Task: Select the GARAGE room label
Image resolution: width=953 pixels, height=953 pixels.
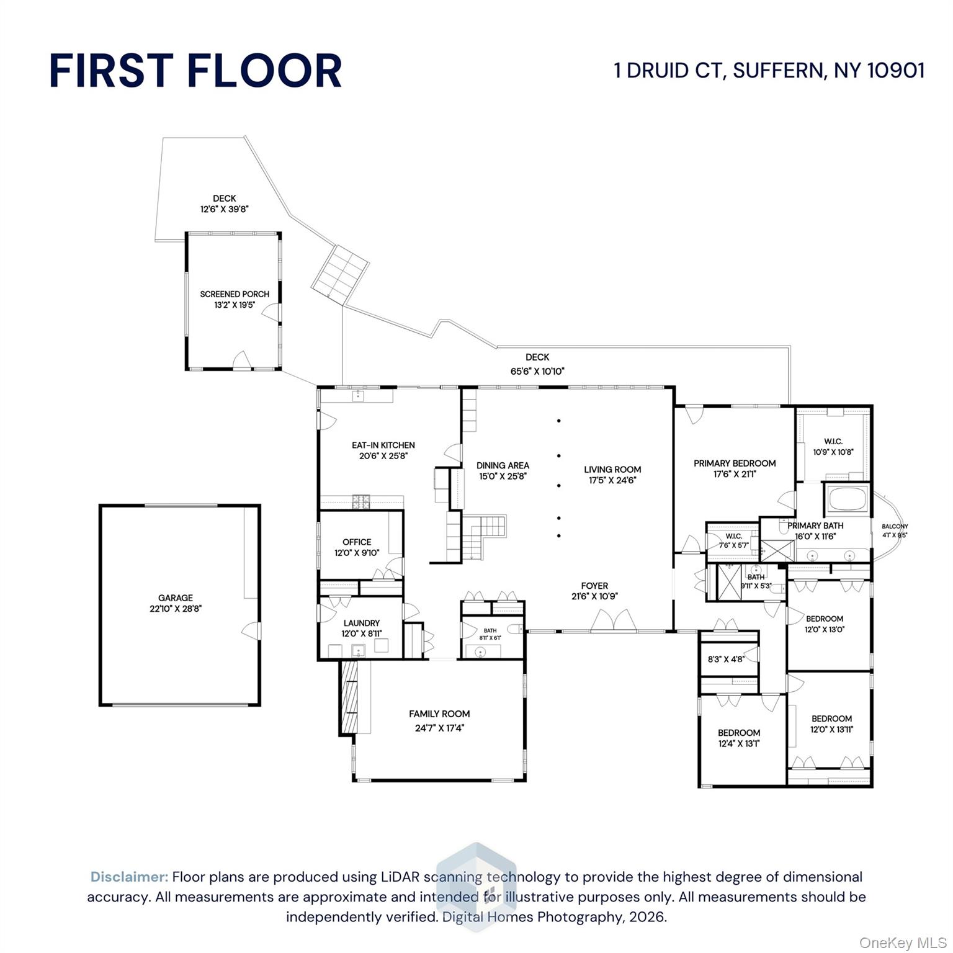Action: pyautogui.click(x=176, y=598)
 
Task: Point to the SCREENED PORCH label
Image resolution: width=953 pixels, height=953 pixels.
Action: pyautogui.click(x=235, y=294)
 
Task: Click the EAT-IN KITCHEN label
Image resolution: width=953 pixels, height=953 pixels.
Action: pyautogui.click(x=383, y=445)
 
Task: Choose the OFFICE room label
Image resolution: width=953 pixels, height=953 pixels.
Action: pyautogui.click(x=357, y=542)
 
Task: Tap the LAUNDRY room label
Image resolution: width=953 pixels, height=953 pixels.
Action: pyautogui.click(x=362, y=623)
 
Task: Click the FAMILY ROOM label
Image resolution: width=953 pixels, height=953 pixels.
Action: pyautogui.click(x=439, y=714)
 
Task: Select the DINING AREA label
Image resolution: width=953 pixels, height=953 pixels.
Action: pyautogui.click(x=503, y=465)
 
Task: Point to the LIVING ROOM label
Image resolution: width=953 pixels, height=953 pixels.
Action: pyautogui.click(x=612, y=469)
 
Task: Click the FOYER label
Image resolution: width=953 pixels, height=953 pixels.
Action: pyautogui.click(x=594, y=586)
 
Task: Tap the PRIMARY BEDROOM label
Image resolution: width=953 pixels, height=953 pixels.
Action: pyautogui.click(x=735, y=463)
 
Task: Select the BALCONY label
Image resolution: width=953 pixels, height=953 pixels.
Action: pyautogui.click(x=895, y=526)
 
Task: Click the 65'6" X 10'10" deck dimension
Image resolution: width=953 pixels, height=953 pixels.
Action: pyautogui.click(x=537, y=372)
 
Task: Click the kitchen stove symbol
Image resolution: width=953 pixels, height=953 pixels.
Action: pyautogui.click(x=361, y=501)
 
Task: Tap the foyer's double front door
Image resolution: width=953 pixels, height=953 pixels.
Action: pyautogui.click(x=613, y=620)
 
